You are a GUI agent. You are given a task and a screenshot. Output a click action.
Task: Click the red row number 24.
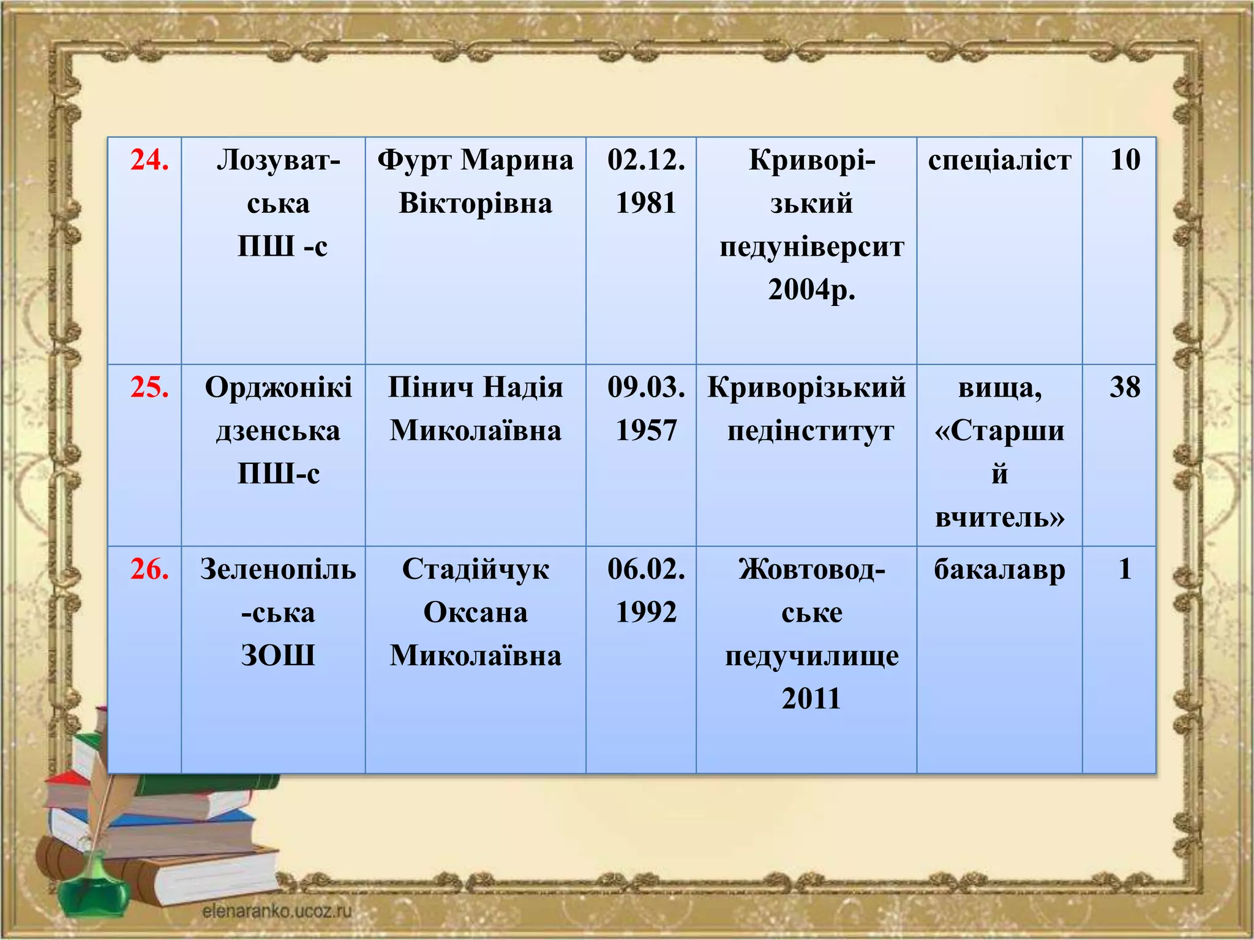(149, 160)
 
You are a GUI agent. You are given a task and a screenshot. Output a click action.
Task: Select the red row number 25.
(149, 387)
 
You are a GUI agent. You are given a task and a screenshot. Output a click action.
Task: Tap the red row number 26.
(149, 569)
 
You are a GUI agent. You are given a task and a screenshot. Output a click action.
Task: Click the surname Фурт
(414, 160)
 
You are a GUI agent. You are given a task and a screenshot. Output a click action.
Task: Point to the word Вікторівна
(475, 203)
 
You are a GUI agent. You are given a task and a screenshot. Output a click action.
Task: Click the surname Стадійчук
(475, 570)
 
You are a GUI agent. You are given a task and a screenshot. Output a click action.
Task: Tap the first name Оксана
(475, 613)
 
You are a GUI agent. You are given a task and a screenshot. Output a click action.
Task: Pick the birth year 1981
(646, 203)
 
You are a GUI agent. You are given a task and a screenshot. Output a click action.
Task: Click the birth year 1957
(646, 431)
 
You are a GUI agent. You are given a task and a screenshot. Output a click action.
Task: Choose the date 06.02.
(646, 570)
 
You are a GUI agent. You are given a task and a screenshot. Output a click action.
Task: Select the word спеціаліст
(999, 160)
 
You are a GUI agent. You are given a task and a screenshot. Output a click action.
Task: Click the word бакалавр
(999, 570)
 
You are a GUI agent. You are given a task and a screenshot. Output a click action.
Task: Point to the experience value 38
(1125, 387)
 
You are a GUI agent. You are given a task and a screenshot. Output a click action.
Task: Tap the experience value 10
(1125, 160)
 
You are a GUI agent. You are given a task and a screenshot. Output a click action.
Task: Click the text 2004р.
(811, 290)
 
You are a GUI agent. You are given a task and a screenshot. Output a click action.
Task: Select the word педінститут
(811, 431)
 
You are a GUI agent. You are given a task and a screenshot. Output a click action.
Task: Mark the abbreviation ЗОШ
(278, 655)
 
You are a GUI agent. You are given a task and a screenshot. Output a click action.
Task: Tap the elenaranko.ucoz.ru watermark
(277, 911)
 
